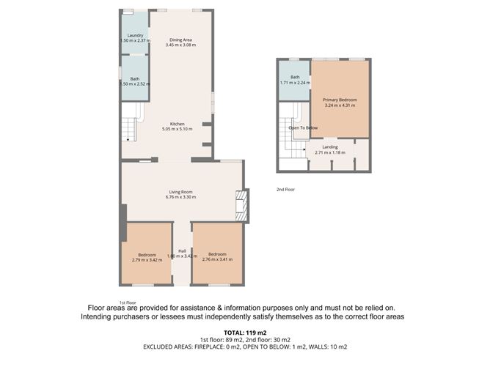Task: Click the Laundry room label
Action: coord(135,35)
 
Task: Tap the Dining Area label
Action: coord(181,40)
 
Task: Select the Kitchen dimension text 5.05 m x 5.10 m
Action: coord(177,130)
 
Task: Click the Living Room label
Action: coord(181,192)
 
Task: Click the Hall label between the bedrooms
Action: coord(181,251)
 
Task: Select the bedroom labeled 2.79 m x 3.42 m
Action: coord(147,256)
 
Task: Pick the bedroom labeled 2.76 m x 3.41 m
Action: coord(217,256)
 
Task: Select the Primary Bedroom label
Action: coord(340,99)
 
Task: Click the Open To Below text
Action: coord(304,127)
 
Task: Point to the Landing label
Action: coord(331,147)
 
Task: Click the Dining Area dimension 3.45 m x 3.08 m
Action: coord(181,45)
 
